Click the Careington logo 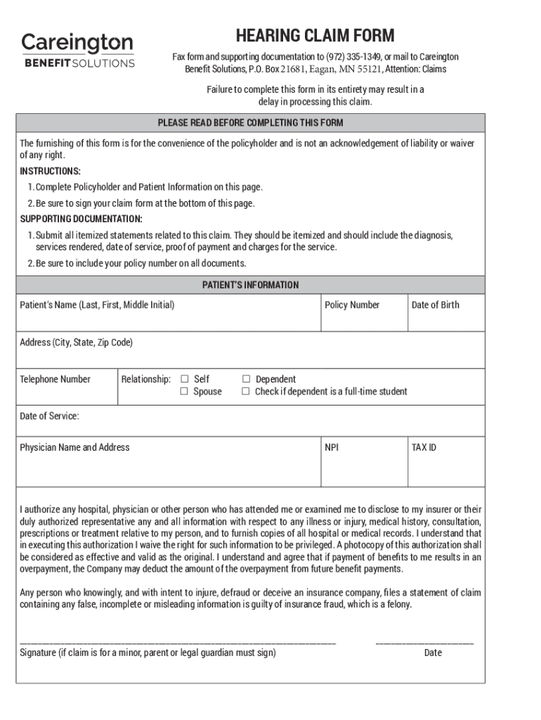77,50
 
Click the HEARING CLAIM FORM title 315,35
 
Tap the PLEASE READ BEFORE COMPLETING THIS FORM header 250,123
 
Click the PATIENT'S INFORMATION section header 250,285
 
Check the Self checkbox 185,379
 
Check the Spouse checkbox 185,392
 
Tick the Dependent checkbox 246,379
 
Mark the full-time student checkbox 246,392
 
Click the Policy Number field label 352,305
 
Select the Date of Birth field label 435,305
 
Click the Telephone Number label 55,380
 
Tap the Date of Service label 49,416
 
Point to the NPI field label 332,447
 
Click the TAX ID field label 424,447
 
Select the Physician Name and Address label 74,447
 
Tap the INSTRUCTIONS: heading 50,172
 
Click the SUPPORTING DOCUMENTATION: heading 81,219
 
